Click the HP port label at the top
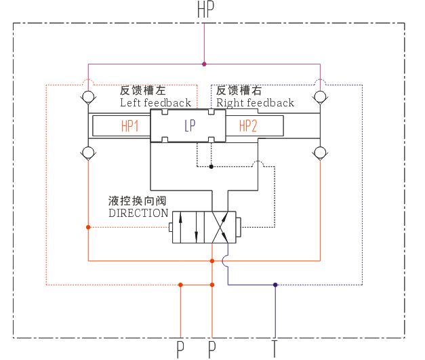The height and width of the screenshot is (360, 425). point(205,9)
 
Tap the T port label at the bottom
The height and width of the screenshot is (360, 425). point(275,349)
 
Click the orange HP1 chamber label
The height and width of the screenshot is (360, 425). point(130,126)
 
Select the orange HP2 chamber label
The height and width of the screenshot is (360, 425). point(247,126)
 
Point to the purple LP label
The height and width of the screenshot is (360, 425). point(190,126)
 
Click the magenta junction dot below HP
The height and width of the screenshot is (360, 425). point(204,64)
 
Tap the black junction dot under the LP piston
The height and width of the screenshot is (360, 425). point(211,167)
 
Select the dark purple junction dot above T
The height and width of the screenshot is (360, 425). point(275,285)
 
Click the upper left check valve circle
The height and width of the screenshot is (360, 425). point(88,97)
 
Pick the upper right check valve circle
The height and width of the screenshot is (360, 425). point(320,97)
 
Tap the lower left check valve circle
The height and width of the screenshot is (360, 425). point(88,153)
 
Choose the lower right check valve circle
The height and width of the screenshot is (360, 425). point(320,153)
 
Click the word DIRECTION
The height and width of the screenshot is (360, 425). point(138,214)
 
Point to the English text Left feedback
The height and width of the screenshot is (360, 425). point(156,103)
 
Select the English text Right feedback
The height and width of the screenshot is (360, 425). point(255,103)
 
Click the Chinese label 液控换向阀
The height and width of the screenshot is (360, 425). point(137,201)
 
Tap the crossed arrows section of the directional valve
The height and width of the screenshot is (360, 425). point(220,227)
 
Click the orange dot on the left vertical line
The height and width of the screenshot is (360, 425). point(88,227)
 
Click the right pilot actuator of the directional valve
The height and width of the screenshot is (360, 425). point(238,227)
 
